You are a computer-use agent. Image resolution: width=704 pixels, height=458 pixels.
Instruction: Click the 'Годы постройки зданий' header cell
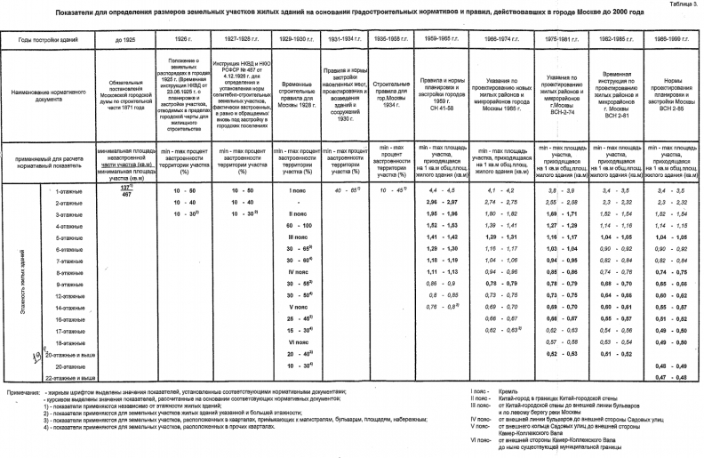click(48, 41)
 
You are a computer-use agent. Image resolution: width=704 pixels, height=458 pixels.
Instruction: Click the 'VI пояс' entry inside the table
click(299, 341)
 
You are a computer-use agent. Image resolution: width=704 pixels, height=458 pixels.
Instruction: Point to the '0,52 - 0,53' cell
click(555, 353)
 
